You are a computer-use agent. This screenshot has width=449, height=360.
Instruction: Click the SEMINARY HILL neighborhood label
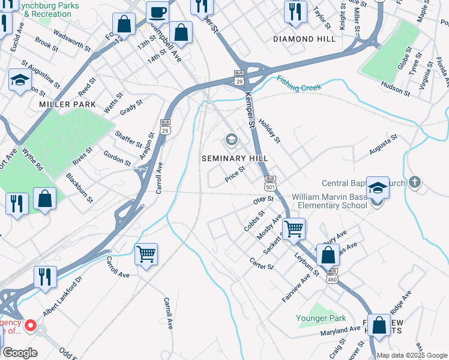[234, 158]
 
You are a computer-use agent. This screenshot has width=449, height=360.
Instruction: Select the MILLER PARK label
[59, 104]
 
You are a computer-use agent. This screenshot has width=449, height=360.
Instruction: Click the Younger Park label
[321, 318]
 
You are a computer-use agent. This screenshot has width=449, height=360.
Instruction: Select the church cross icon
[414, 182]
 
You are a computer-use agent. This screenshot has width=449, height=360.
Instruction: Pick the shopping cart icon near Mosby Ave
[294, 229]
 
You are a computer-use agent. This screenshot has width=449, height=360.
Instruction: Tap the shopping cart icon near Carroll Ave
[146, 254]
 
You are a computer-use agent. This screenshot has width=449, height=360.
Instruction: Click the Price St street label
[235, 174]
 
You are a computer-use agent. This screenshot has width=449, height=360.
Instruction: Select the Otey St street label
[263, 199]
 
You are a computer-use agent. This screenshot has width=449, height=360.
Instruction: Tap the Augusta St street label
[383, 146]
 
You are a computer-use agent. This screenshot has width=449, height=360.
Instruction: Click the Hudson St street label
[395, 89]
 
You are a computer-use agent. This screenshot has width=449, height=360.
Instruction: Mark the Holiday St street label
[270, 130]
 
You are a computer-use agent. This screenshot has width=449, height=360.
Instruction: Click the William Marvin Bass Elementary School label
[329, 201]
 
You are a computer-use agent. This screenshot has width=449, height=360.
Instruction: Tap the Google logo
[20, 353]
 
